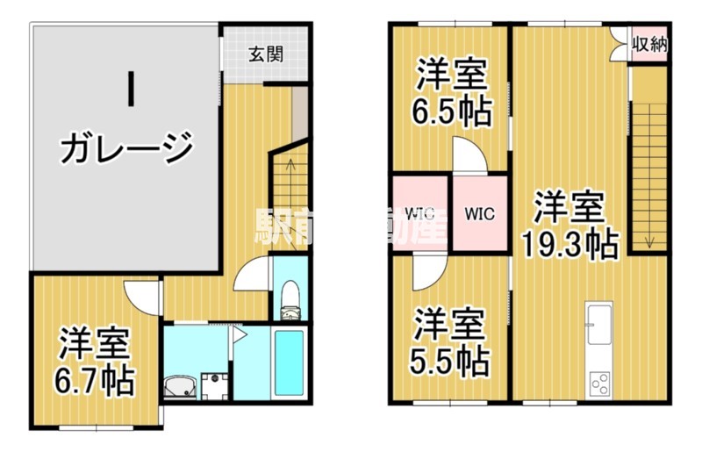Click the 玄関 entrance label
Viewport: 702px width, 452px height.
[265, 54]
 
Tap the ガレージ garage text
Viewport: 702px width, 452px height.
[125, 146]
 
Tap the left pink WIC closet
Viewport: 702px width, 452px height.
[420, 212]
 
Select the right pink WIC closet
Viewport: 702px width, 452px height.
[479, 212]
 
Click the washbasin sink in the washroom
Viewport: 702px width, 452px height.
[180, 385]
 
